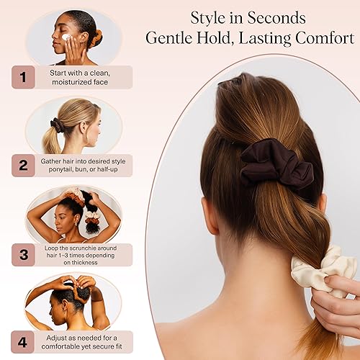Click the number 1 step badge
(22, 77)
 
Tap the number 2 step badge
(22, 166)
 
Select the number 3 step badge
(22, 255)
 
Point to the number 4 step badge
(22, 341)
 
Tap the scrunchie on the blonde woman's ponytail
(57, 126)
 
